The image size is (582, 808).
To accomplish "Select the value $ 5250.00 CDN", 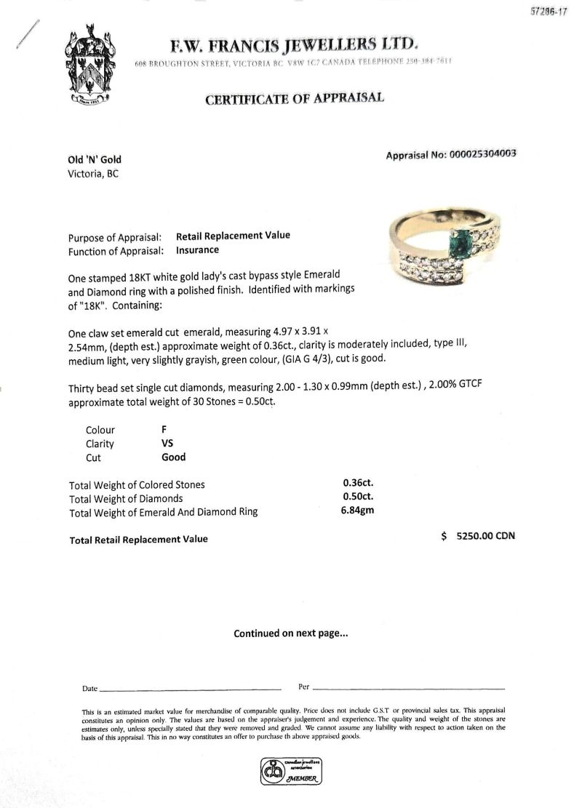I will coord(478,536).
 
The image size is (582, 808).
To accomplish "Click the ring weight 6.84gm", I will coord(357,511).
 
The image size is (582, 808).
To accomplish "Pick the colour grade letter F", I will coord(164,429).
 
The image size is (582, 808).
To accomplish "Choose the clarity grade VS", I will coord(167,443).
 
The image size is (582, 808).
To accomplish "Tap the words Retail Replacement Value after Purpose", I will coord(233,236).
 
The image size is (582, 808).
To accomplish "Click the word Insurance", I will coord(197,250).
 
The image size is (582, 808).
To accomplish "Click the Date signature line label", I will coord(89,687).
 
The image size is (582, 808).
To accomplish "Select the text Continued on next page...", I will coord(291,633).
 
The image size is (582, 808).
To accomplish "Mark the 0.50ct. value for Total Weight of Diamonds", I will coord(357,498).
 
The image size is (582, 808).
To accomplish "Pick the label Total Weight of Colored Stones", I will coord(137,485).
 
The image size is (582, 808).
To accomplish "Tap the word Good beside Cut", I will coord(173,457).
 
